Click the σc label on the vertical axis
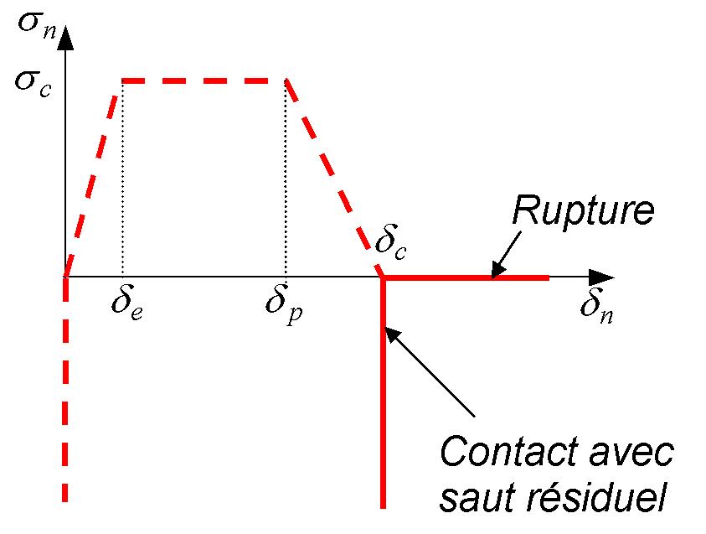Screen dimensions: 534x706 31,83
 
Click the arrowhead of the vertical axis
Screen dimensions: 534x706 65,38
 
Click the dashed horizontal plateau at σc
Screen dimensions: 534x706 204,80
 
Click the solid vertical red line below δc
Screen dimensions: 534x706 383,402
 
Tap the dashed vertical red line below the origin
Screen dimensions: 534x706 65,394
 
